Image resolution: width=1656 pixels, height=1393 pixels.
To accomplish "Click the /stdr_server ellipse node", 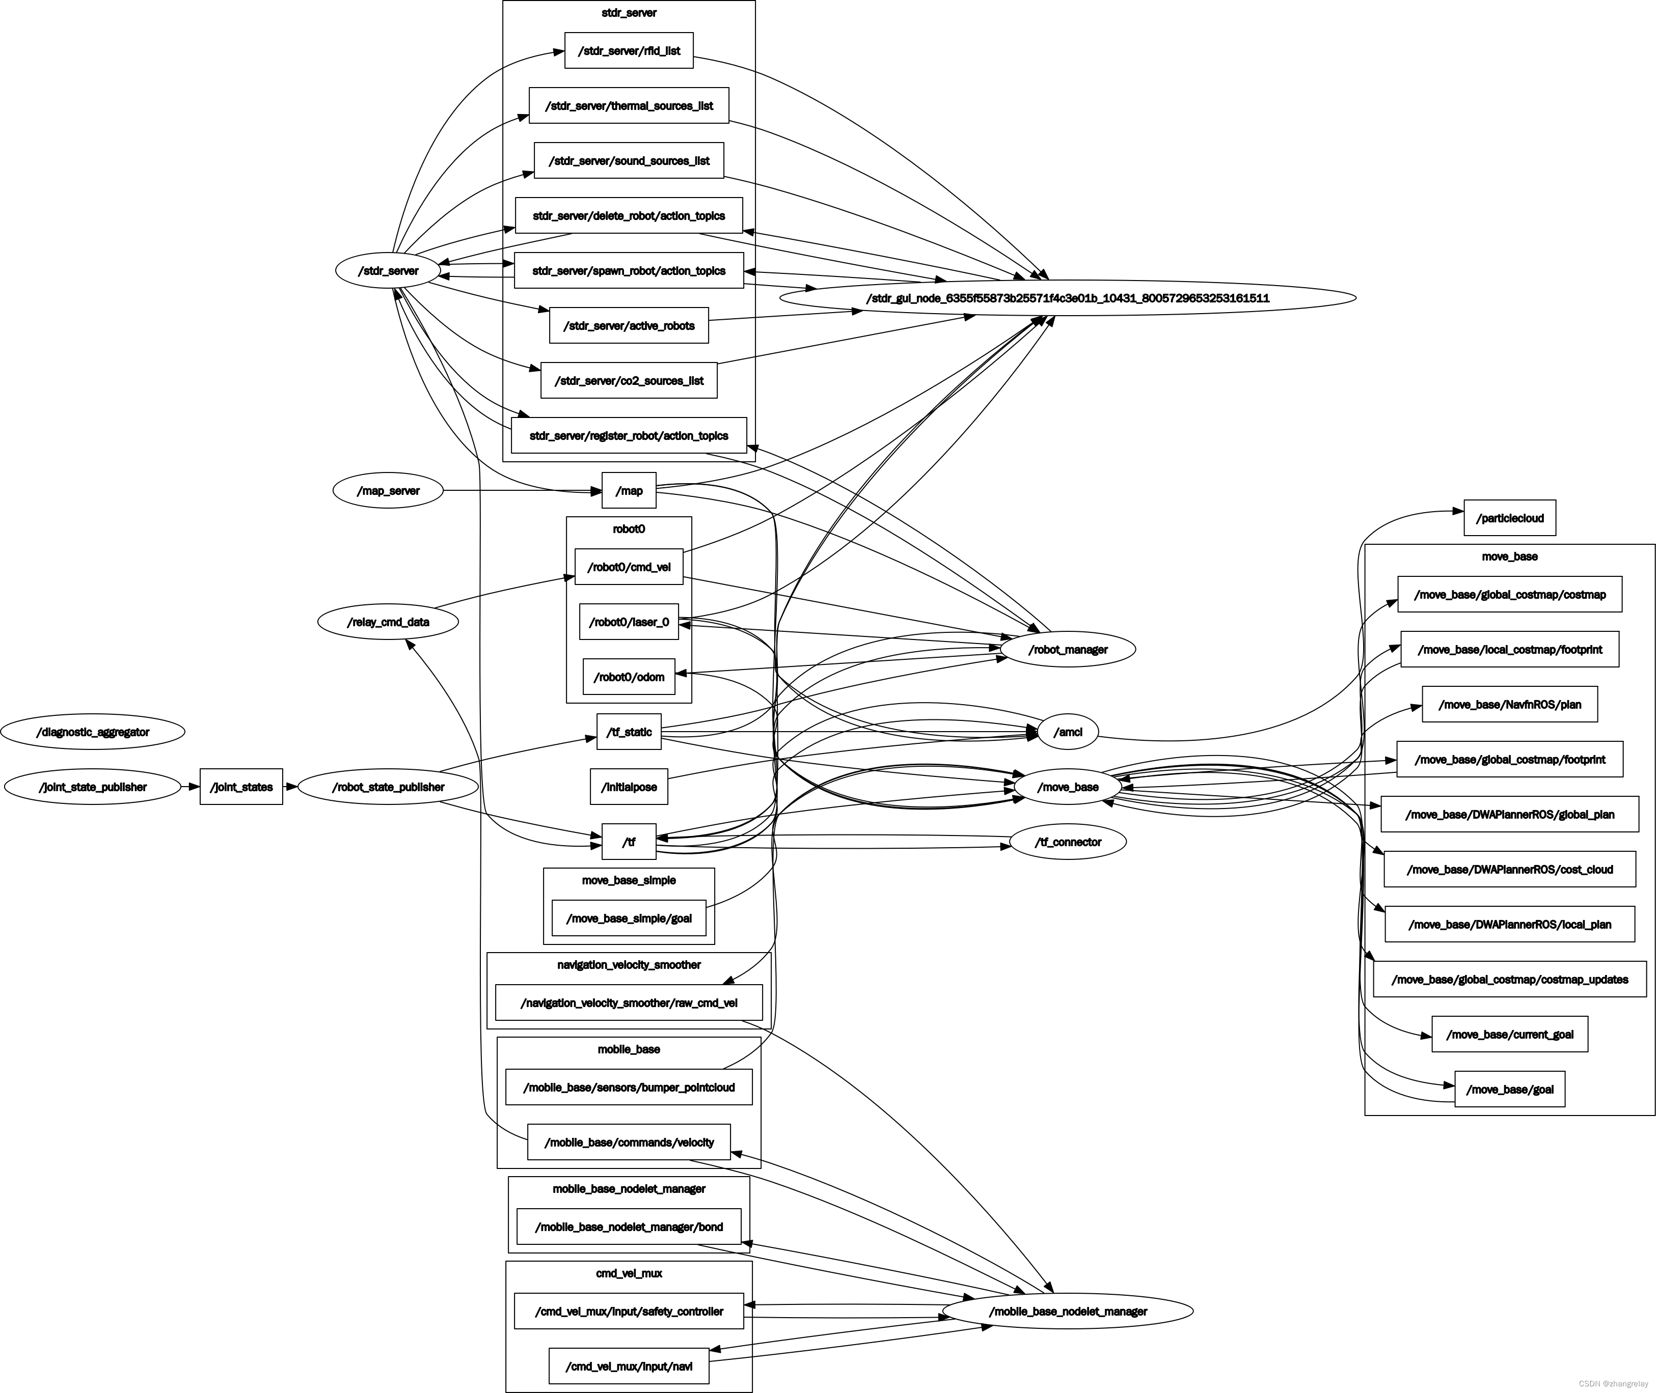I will pos(388,271).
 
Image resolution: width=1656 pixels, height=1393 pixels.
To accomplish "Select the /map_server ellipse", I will pos(388,490).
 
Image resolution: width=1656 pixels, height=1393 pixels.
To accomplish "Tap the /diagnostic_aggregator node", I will pos(92,732).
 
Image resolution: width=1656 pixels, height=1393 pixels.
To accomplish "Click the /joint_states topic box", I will pos(241,787).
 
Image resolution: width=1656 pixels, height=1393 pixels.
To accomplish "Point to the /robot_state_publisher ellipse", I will pos(388,787).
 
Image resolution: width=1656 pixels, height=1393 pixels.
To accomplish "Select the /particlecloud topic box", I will pos(1509,518).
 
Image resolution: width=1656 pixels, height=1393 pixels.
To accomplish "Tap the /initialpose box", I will pos(629,787).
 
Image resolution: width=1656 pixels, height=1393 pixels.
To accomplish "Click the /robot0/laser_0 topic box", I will pos(629,622).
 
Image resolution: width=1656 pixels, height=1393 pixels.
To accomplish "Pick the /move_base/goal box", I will pos(1509,1090).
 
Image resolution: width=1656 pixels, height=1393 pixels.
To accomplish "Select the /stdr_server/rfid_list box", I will pos(629,50).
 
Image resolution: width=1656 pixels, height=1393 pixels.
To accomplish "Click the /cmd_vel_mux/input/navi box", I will pos(629,1366).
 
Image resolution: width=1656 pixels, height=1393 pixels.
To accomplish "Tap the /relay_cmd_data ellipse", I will pos(388,622).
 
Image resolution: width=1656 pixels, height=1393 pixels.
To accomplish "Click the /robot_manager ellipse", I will pos(1068,649).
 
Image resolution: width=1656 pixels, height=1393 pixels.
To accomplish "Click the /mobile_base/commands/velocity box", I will pos(629,1143).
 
